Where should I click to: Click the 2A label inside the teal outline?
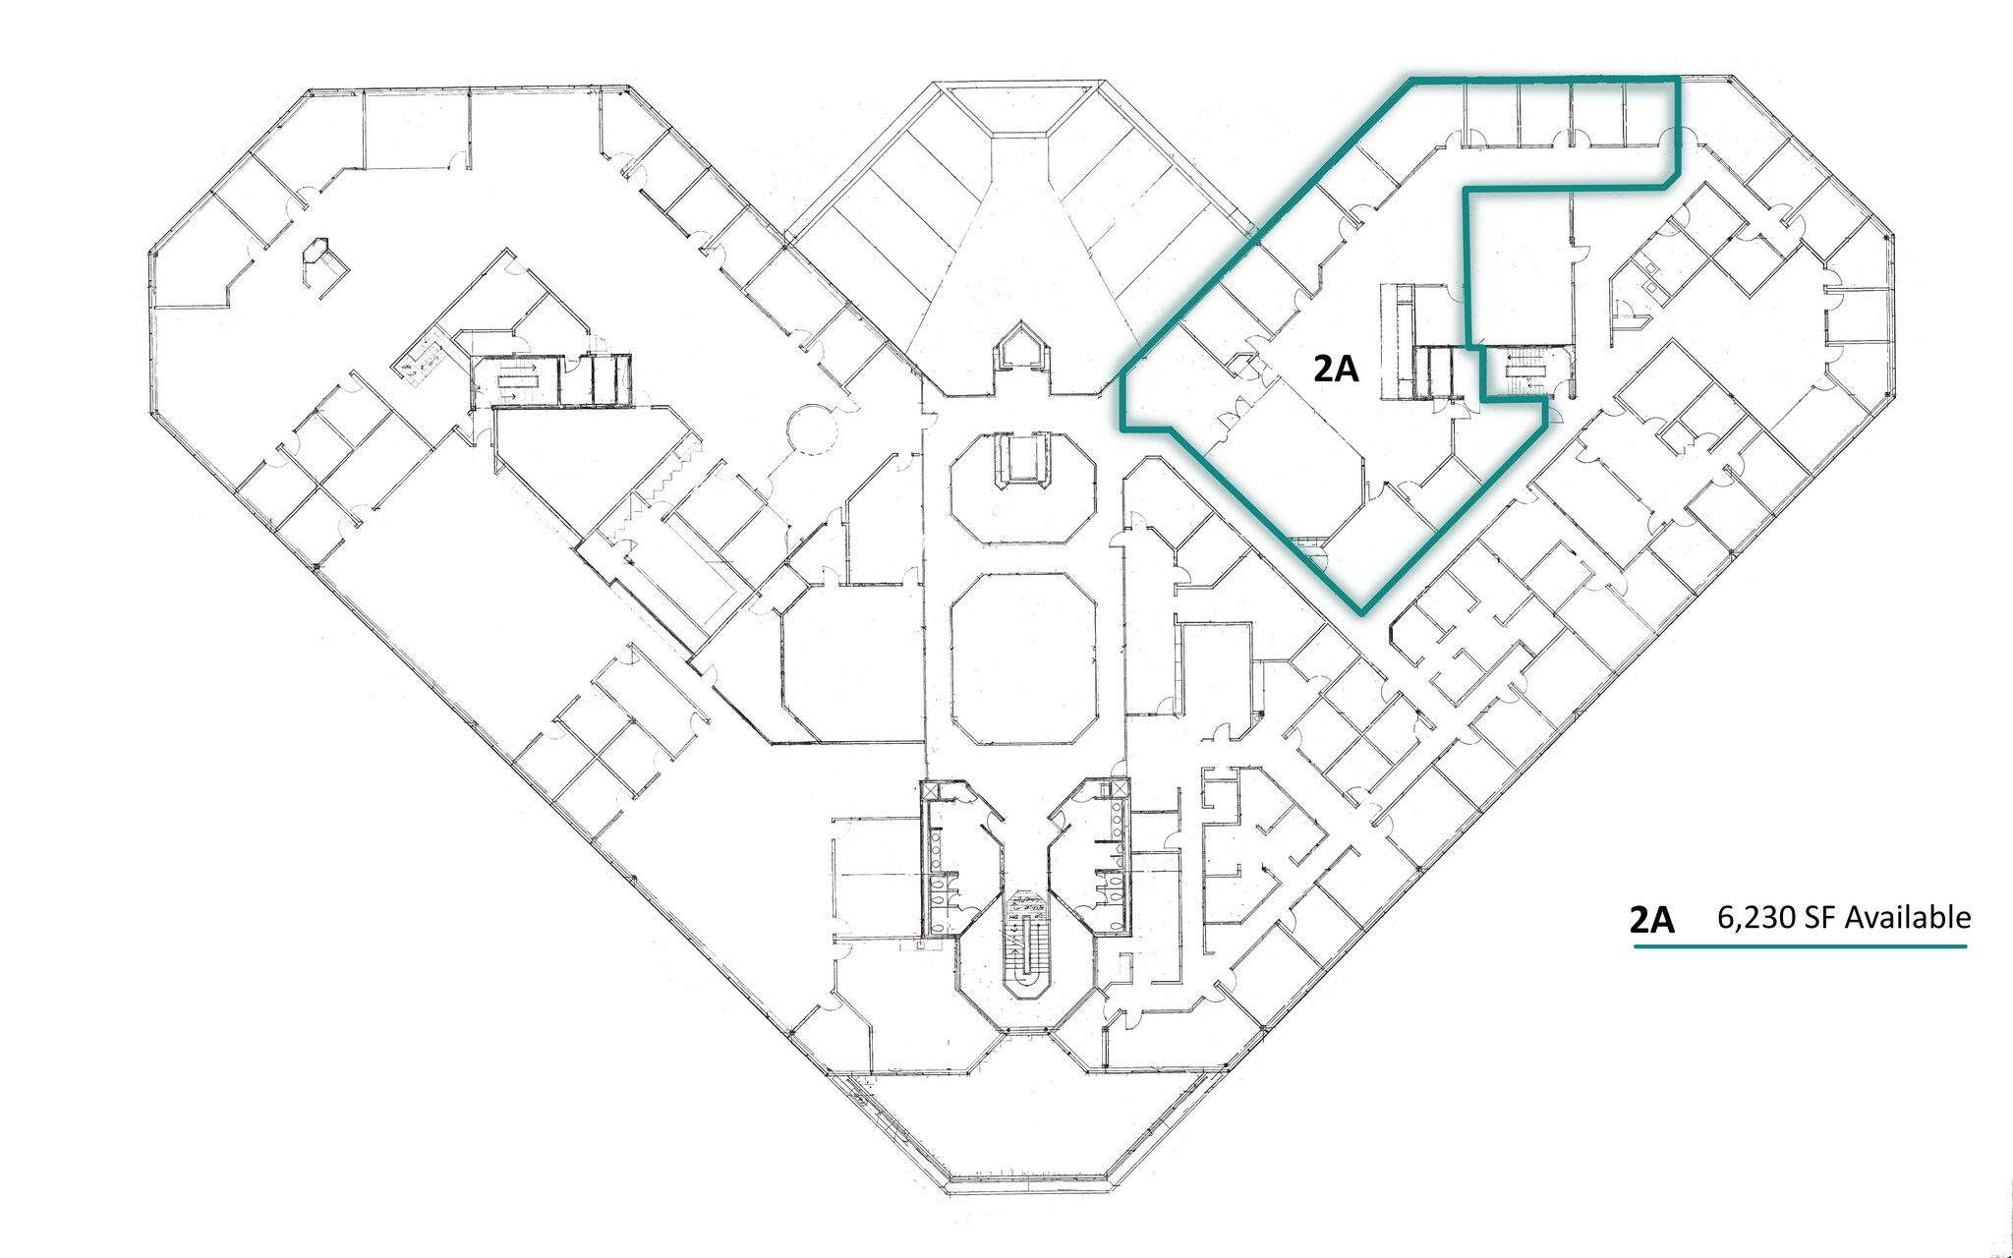click(x=1336, y=369)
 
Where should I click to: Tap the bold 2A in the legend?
click(x=1651, y=919)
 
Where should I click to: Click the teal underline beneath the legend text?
click(x=1800, y=946)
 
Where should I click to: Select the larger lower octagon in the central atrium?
click(x=1023, y=659)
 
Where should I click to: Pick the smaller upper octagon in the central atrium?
click(x=1022, y=487)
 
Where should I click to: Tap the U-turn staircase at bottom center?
click(x=1027, y=943)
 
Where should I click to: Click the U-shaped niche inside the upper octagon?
click(x=1022, y=459)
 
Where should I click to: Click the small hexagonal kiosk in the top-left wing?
click(x=320, y=259)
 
